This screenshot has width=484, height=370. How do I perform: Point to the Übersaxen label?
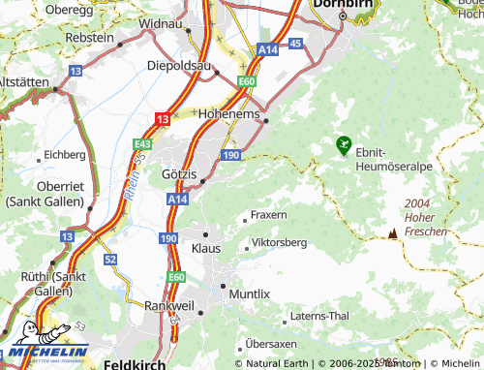tap(275, 343)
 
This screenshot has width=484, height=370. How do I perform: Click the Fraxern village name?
tap(268, 213)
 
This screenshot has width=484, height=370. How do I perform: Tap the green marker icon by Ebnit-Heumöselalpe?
tap(343, 145)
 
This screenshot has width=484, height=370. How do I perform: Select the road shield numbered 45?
tap(295, 44)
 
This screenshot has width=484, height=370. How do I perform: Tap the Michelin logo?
tap(45, 344)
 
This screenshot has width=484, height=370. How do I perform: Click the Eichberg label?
tap(65, 154)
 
